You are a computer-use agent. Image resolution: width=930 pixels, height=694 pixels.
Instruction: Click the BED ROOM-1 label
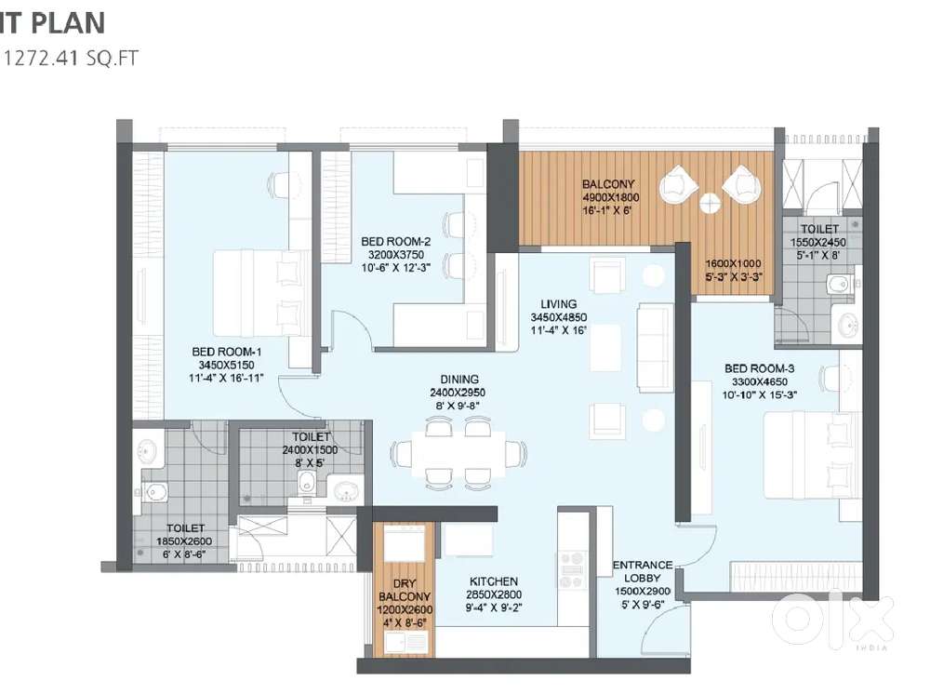(x=227, y=352)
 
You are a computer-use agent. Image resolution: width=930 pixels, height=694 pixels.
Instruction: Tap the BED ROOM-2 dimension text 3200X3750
(x=396, y=255)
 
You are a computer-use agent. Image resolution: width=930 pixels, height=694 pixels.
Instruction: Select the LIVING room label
(x=558, y=304)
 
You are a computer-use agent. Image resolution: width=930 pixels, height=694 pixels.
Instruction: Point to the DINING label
(x=459, y=379)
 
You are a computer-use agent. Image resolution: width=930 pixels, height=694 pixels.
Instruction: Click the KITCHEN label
(x=494, y=581)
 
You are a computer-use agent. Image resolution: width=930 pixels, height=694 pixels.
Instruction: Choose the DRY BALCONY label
(x=405, y=590)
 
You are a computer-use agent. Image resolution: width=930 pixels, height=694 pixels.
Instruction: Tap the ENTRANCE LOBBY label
(x=643, y=571)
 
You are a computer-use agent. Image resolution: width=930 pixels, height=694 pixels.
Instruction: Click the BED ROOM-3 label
(x=759, y=368)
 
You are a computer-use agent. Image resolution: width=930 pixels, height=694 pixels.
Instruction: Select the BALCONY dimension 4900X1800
(x=610, y=197)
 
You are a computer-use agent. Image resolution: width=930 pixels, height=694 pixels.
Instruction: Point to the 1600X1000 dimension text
(x=733, y=263)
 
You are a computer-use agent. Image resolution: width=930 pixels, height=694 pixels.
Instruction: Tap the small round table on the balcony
(x=710, y=204)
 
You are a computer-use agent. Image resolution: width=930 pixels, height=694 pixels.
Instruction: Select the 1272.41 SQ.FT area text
(x=72, y=58)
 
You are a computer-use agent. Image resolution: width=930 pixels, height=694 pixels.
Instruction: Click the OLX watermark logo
(x=832, y=618)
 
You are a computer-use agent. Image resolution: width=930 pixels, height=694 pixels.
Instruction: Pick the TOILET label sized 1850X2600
(x=186, y=527)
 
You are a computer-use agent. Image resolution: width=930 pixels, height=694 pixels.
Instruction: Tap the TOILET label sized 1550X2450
(x=819, y=229)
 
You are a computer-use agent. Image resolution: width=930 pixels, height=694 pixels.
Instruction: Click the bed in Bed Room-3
(x=812, y=455)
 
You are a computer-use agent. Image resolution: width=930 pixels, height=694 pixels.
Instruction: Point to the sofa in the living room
(x=655, y=348)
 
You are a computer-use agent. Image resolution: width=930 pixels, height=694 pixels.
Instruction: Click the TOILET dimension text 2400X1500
(x=310, y=450)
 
